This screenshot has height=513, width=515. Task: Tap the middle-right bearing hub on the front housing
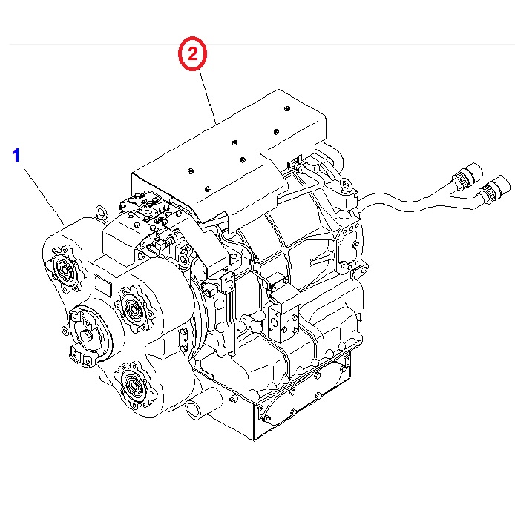132,305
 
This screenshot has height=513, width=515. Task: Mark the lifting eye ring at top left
99,216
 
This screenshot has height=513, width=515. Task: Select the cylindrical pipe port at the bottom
198,408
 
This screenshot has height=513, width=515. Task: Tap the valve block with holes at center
286,315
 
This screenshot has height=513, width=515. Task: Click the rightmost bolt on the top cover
287,109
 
